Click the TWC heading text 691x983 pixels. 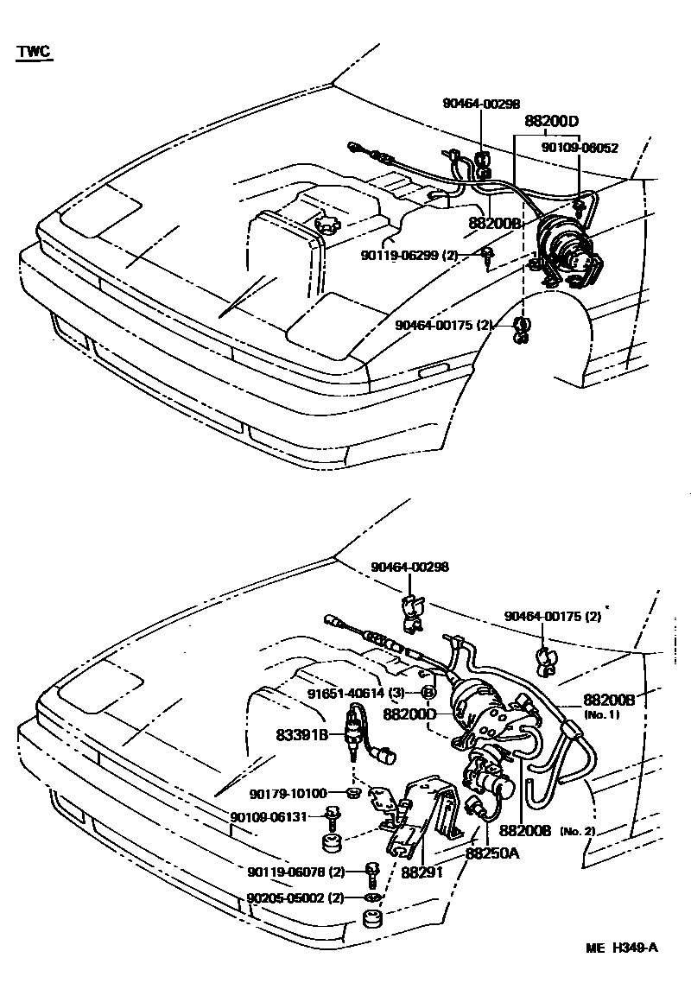(x=34, y=53)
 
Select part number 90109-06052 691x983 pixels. (x=580, y=148)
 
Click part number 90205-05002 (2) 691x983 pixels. (x=295, y=898)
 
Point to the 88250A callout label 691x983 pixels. (x=493, y=853)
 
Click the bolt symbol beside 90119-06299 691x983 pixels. (x=490, y=255)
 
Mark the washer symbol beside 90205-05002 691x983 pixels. (x=371, y=898)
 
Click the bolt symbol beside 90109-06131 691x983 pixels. (x=331, y=815)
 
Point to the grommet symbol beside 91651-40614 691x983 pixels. (x=428, y=693)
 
